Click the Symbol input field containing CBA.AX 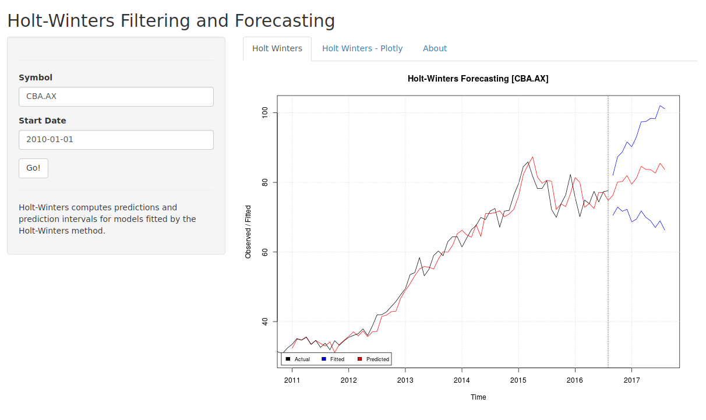click(x=116, y=97)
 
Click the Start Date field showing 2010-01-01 click(x=116, y=140)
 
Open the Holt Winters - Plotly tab click(x=362, y=48)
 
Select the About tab click(x=435, y=48)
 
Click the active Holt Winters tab click(x=277, y=48)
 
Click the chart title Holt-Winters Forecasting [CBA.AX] click(x=478, y=79)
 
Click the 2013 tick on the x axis click(x=405, y=380)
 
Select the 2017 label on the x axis click(x=631, y=380)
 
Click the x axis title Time click(x=478, y=397)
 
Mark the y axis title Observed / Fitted click(x=248, y=232)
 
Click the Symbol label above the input click(x=36, y=77)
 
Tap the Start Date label click(x=43, y=121)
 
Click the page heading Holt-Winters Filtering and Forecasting click(x=171, y=20)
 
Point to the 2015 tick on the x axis click(x=518, y=380)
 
